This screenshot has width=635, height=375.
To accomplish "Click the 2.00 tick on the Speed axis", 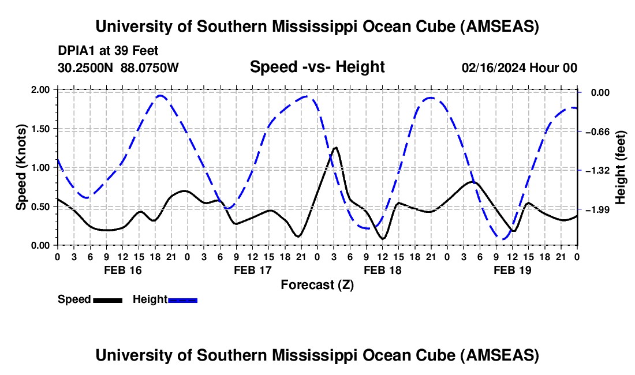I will (41, 90).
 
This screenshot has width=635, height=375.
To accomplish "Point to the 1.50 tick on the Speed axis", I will (41, 129).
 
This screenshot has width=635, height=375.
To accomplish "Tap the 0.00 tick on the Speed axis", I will (41, 246).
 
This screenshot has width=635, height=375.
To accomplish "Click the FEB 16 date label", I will (122, 270).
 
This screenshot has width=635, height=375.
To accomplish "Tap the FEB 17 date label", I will (252, 270).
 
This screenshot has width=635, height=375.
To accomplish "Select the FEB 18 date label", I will (382, 270).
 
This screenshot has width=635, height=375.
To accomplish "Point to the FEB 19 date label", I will (512, 270).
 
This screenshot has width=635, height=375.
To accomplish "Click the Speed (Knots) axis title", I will (21, 167).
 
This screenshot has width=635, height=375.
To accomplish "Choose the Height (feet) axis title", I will (621, 167).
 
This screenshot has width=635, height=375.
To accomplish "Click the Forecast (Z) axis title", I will (317, 284).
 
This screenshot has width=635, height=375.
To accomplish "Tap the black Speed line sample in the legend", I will (107, 299).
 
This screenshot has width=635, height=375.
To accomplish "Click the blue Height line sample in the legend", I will (183, 299).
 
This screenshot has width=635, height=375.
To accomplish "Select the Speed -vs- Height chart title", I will (317, 67).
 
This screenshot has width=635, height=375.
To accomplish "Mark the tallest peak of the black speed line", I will (335, 148).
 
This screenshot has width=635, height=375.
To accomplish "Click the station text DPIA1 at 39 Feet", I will (108, 51).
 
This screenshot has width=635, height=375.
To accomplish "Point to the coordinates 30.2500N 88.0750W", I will (118, 67).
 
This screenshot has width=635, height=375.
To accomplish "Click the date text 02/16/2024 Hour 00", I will (520, 67).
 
